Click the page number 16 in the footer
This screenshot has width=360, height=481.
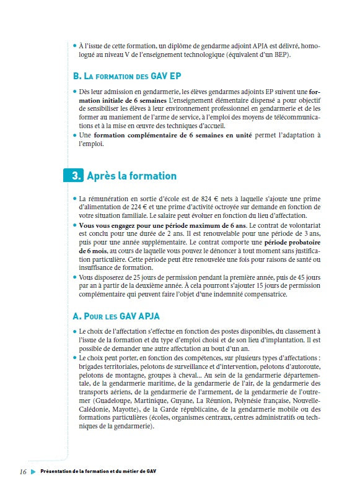coord(23,471)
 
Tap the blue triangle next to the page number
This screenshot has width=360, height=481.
coord(33,471)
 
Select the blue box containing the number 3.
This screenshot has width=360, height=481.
coord(74,176)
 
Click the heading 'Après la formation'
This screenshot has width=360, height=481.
coord(131,176)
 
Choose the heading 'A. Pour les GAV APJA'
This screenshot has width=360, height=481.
coord(116,316)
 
